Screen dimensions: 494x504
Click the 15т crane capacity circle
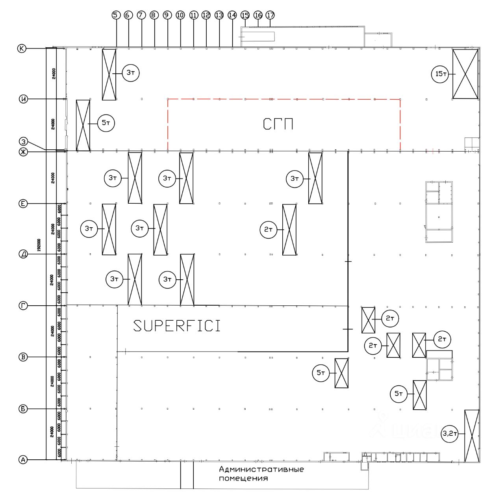(440, 74)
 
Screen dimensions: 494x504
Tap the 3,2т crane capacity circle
(450, 434)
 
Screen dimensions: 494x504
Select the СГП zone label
(278, 124)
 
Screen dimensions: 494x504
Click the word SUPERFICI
(177, 326)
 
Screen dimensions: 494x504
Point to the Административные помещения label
(261, 474)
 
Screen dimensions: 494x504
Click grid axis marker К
(22, 48)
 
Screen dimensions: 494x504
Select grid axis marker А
(23, 459)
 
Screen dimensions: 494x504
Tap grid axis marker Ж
(23, 152)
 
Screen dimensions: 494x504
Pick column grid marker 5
(115, 15)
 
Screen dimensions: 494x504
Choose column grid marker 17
(270, 15)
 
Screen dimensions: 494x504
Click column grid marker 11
(193, 15)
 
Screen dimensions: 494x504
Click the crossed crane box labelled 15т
(465, 74)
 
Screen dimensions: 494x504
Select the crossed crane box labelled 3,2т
(472, 436)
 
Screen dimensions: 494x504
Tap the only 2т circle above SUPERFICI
(269, 229)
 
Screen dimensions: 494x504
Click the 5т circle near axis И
(106, 123)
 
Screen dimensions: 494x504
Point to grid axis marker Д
(23, 254)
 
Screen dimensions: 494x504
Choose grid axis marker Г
(23, 306)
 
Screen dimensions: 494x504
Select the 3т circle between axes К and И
(131, 73)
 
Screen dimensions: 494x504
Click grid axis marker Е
(23, 203)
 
